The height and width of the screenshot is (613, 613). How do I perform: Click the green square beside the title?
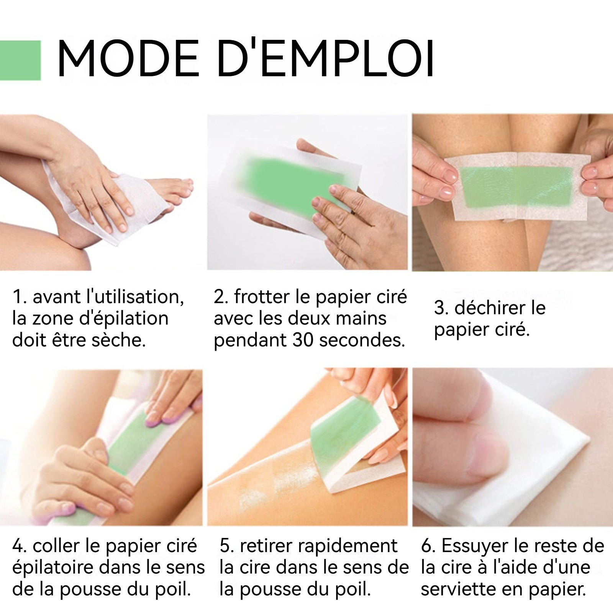tap(20, 60)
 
